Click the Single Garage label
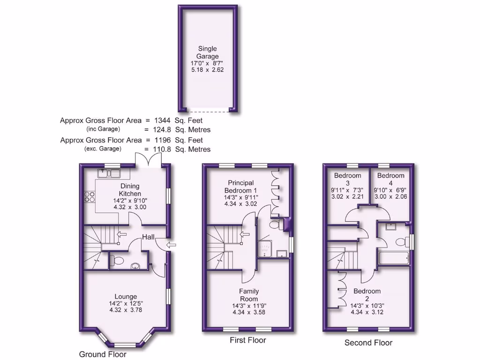click(x=207, y=52)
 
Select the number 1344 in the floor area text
click(x=163, y=120)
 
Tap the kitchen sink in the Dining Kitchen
click(x=109, y=173)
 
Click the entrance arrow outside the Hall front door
click(x=172, y=244)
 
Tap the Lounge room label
click(x=126, y=296)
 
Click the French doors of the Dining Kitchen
click(x=148, y=159)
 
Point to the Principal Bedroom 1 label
click(x=241, y=187)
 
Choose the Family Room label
click(x=249, y=295)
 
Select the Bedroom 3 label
click(x=348, y=180)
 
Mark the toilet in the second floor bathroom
click(x=401, y=242)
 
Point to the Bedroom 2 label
click(x=367, y=295)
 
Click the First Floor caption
click(x=248, y=340)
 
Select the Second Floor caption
click(x=368, y=343)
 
